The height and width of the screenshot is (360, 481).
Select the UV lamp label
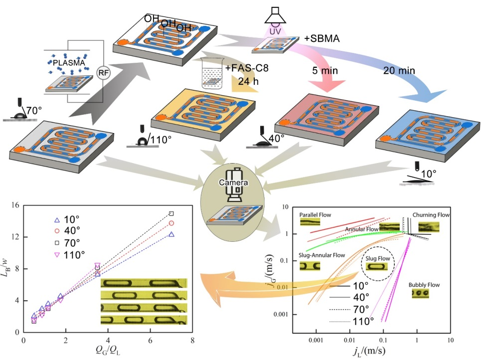276,31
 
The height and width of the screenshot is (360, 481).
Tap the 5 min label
322,71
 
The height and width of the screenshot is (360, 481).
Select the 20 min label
400,71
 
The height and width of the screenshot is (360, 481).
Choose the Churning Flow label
431,215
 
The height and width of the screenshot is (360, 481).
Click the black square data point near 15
171,213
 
